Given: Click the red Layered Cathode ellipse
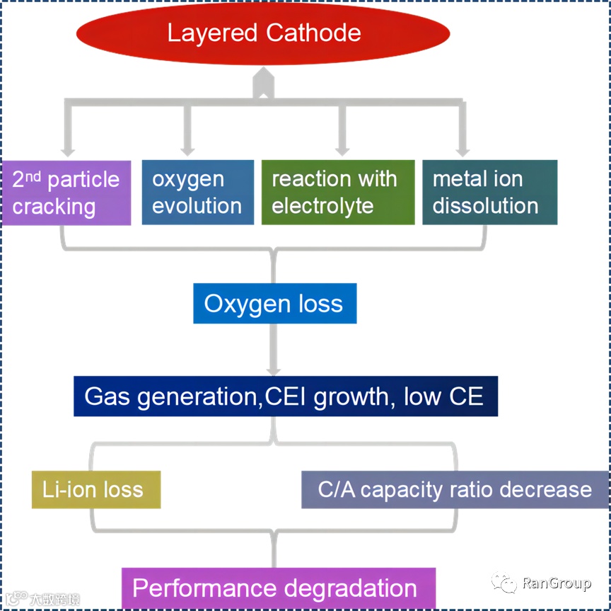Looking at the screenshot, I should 263,33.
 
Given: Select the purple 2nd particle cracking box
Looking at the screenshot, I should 66,192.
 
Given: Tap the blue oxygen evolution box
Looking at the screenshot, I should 197,192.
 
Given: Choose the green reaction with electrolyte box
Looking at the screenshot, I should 338,192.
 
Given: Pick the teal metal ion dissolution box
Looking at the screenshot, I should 489,192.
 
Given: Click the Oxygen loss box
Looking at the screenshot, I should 274,304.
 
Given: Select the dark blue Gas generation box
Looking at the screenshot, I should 286,396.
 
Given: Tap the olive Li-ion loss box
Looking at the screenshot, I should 95,489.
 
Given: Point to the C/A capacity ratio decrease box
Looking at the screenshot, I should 455,489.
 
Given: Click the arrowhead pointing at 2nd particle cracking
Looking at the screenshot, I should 68,150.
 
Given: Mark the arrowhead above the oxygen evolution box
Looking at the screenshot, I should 187,150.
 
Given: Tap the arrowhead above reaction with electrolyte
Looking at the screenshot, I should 343,150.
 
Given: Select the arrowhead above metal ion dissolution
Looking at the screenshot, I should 462,150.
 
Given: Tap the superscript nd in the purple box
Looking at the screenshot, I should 34,175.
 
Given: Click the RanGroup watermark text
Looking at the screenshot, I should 557,583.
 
